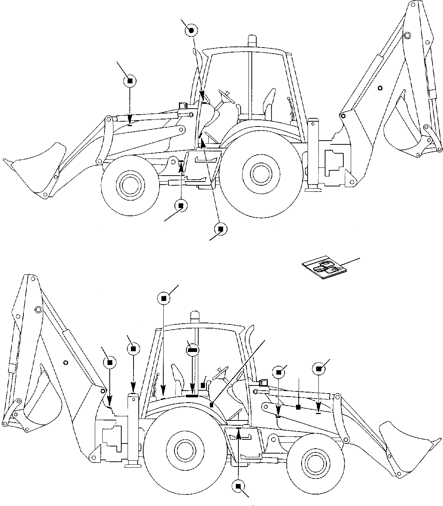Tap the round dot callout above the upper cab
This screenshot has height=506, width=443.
(191, 31)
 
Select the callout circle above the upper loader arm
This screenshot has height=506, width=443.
(129, 81)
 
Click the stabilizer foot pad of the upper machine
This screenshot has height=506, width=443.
(312, 190)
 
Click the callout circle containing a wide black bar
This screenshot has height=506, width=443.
(192, 350)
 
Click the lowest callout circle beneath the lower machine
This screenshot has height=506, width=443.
(238, 486)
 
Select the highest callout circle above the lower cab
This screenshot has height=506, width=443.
(164, 298)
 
